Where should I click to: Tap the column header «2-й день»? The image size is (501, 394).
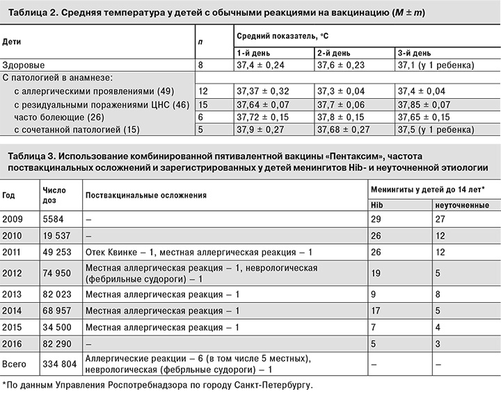(334, 52)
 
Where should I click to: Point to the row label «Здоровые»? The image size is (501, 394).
(20, 65)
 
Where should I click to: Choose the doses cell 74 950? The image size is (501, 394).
(58, 274)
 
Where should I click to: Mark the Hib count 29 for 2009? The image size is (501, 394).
(377, 219)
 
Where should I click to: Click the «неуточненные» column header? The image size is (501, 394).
(459, 205)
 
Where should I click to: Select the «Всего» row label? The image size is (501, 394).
(15, 363)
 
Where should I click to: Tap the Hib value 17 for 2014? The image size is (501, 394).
(376, 310)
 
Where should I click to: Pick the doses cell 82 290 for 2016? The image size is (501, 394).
(58, 343)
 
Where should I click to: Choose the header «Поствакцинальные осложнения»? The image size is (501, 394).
(145, 196)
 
